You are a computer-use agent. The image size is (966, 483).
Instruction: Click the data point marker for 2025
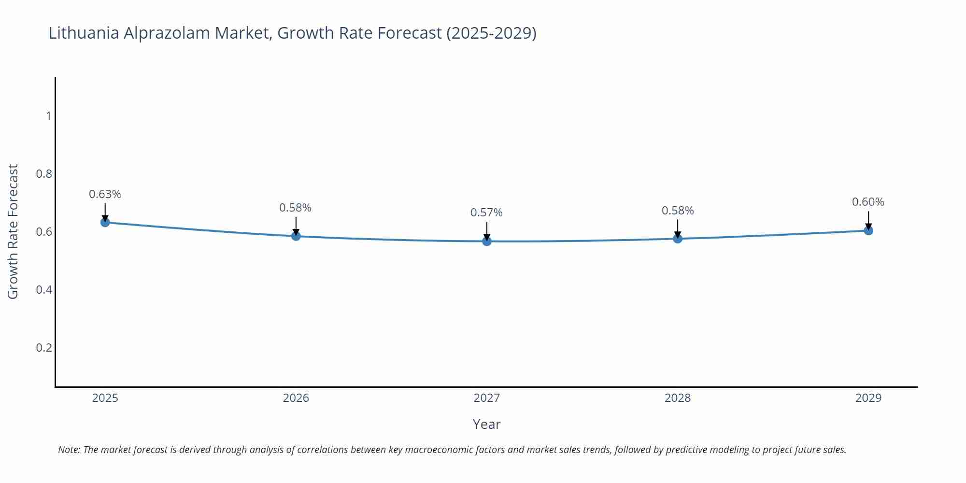click(x=105, y=222)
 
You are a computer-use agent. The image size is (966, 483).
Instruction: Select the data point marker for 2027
click(x=487, y=241)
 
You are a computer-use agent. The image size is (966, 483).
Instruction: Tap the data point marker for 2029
click(x=868, y=230)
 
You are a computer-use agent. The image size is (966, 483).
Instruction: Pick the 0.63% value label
click(x=105, y=194)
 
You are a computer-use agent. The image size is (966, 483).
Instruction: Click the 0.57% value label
click(x=486, y=213)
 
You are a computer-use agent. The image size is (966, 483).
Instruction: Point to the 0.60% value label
click(x=868, y=202)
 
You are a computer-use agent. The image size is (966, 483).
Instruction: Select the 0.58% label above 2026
click(x=295, y=208)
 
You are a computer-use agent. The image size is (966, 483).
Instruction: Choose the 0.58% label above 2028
click(x=678, y=211)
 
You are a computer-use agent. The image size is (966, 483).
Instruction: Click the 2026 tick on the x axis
click(x=296, y=398)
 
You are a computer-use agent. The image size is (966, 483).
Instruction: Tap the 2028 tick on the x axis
click(x=678, y=398)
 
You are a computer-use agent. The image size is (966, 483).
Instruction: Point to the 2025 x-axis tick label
click(x=105, y=398)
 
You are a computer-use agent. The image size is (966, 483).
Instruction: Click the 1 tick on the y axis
click(x=48, y=116)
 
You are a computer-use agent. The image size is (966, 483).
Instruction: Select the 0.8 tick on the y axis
click(x=44, y=174)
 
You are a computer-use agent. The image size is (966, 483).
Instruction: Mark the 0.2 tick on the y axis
click(x=44, y=348)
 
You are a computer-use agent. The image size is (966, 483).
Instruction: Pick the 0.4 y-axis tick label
click(x=44, y=290)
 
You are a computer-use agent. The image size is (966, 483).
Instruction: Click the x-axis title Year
click(x=486, y=424)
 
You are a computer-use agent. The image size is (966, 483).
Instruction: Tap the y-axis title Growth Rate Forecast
click(x=13, y=231)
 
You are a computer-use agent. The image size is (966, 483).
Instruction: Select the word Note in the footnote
click(x=69, y=450)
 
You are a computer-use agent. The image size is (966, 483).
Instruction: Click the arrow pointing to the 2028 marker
click(x=678, y=228)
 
